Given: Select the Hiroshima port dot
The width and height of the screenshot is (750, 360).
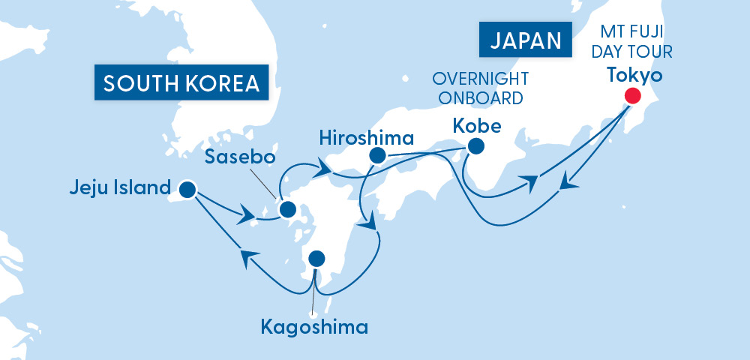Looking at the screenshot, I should (377, 156).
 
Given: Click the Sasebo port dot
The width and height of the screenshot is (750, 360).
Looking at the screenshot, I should (287, 209).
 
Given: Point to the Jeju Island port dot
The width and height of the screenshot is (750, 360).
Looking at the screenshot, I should (187, 189).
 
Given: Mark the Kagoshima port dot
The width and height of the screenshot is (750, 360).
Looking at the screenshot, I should (317, 259).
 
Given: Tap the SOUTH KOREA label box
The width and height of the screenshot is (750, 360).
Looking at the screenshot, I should (181, 82).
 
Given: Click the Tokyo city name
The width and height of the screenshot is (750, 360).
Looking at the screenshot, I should (634, 75).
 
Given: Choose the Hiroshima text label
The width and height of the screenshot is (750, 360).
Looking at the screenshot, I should (366, 137).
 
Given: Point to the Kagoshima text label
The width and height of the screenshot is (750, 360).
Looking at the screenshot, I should (314, 327).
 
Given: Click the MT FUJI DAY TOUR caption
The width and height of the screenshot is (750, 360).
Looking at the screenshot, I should (634, 43).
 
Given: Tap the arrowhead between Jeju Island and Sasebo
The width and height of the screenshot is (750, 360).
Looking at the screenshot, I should (248, 215).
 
